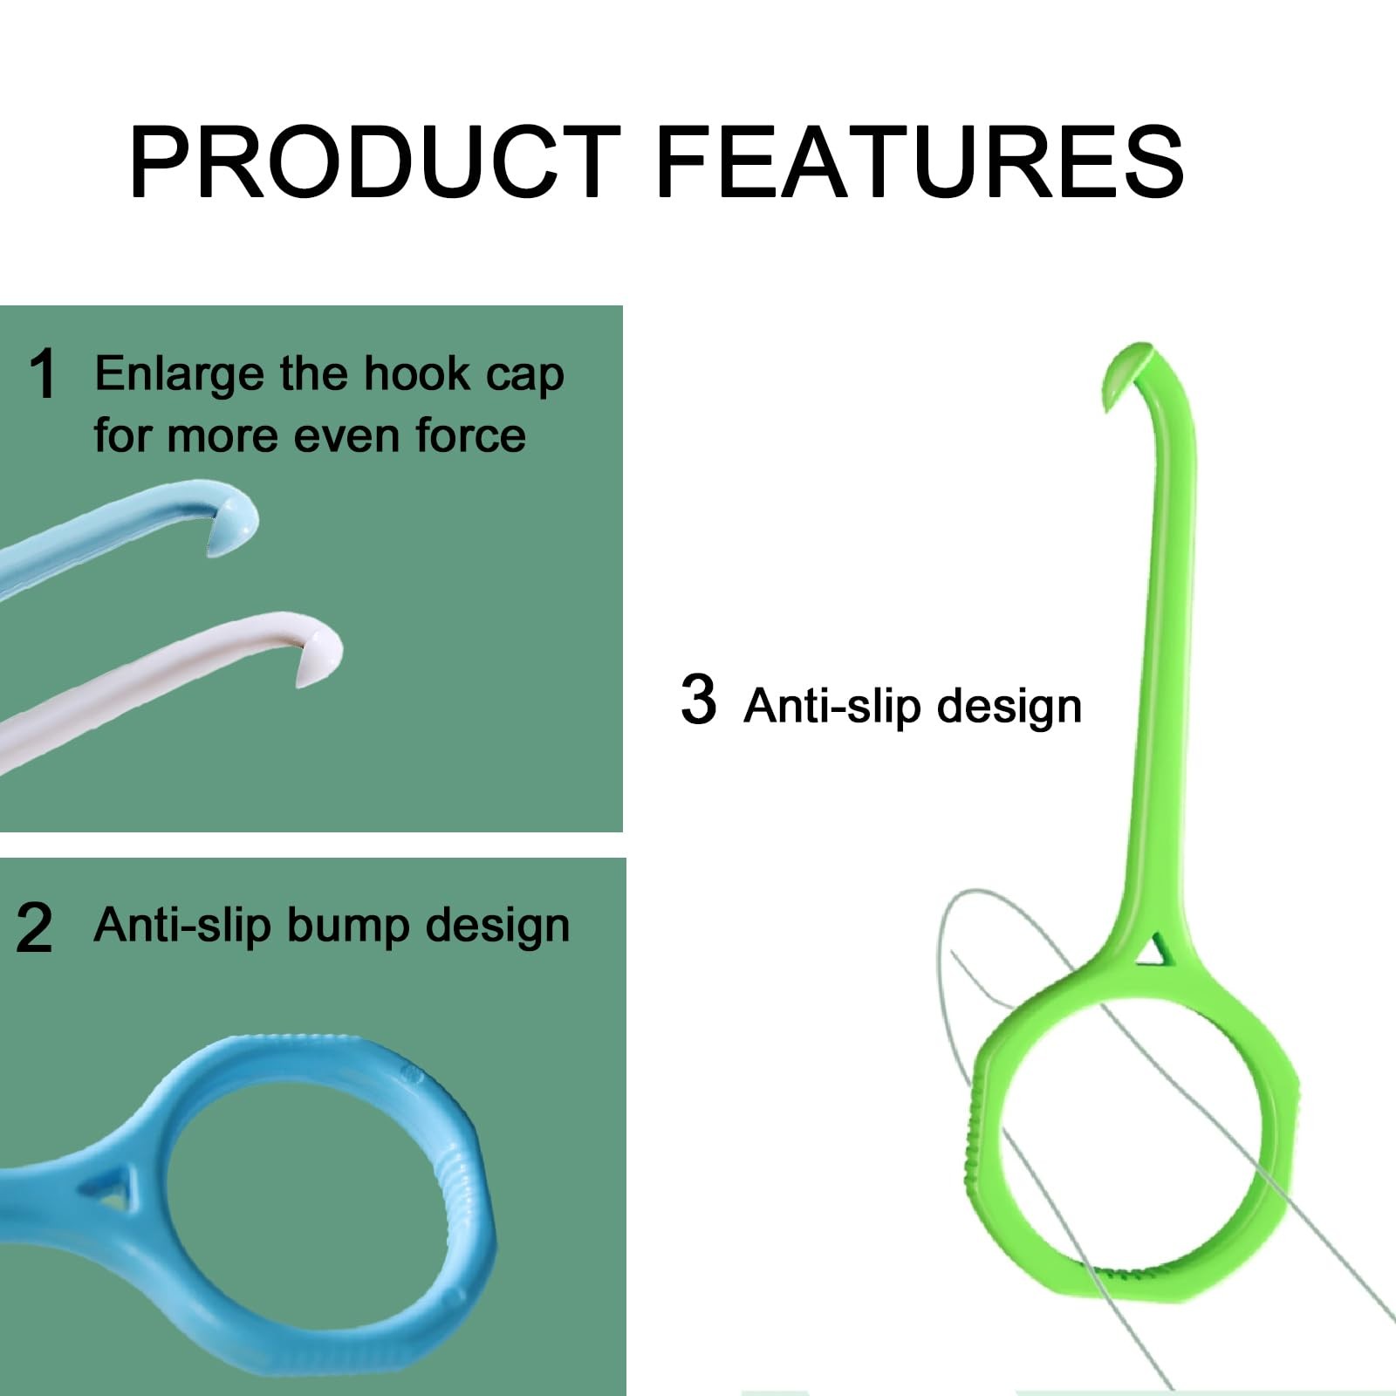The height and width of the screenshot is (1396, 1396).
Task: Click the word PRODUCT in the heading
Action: (x=374, y=162)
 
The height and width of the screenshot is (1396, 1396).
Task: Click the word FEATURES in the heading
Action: (x=920, y=162)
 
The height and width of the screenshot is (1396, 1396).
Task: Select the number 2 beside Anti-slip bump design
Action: (x=35, y=927)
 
